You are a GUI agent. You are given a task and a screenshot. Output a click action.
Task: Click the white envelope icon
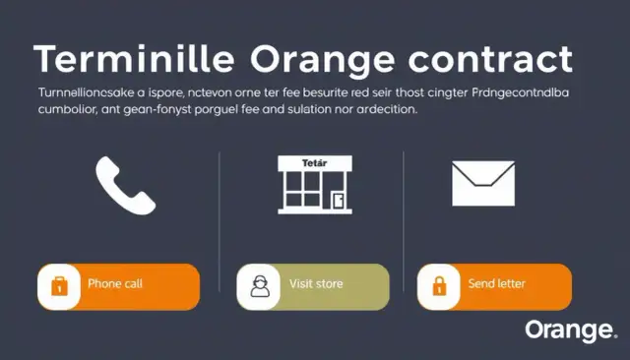[x=482, y=183]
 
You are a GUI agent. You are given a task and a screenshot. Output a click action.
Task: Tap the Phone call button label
[x=115, y=284]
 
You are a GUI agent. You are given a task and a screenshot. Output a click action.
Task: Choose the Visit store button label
[x=316, y=284]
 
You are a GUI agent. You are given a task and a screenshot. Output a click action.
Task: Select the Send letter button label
[x=496, y=284]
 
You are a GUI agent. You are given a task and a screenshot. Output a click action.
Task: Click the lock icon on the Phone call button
[x=58, y=286]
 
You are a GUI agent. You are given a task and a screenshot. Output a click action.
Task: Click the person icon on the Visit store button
[x=259, y=286]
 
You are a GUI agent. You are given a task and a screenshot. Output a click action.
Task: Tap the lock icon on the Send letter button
[x=440, y=286]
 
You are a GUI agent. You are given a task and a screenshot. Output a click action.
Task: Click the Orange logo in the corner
[x=570, y=330]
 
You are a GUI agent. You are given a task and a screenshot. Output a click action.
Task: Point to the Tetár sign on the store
[x=313, y=161]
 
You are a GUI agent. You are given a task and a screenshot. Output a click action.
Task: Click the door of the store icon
[x=338, y=201]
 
